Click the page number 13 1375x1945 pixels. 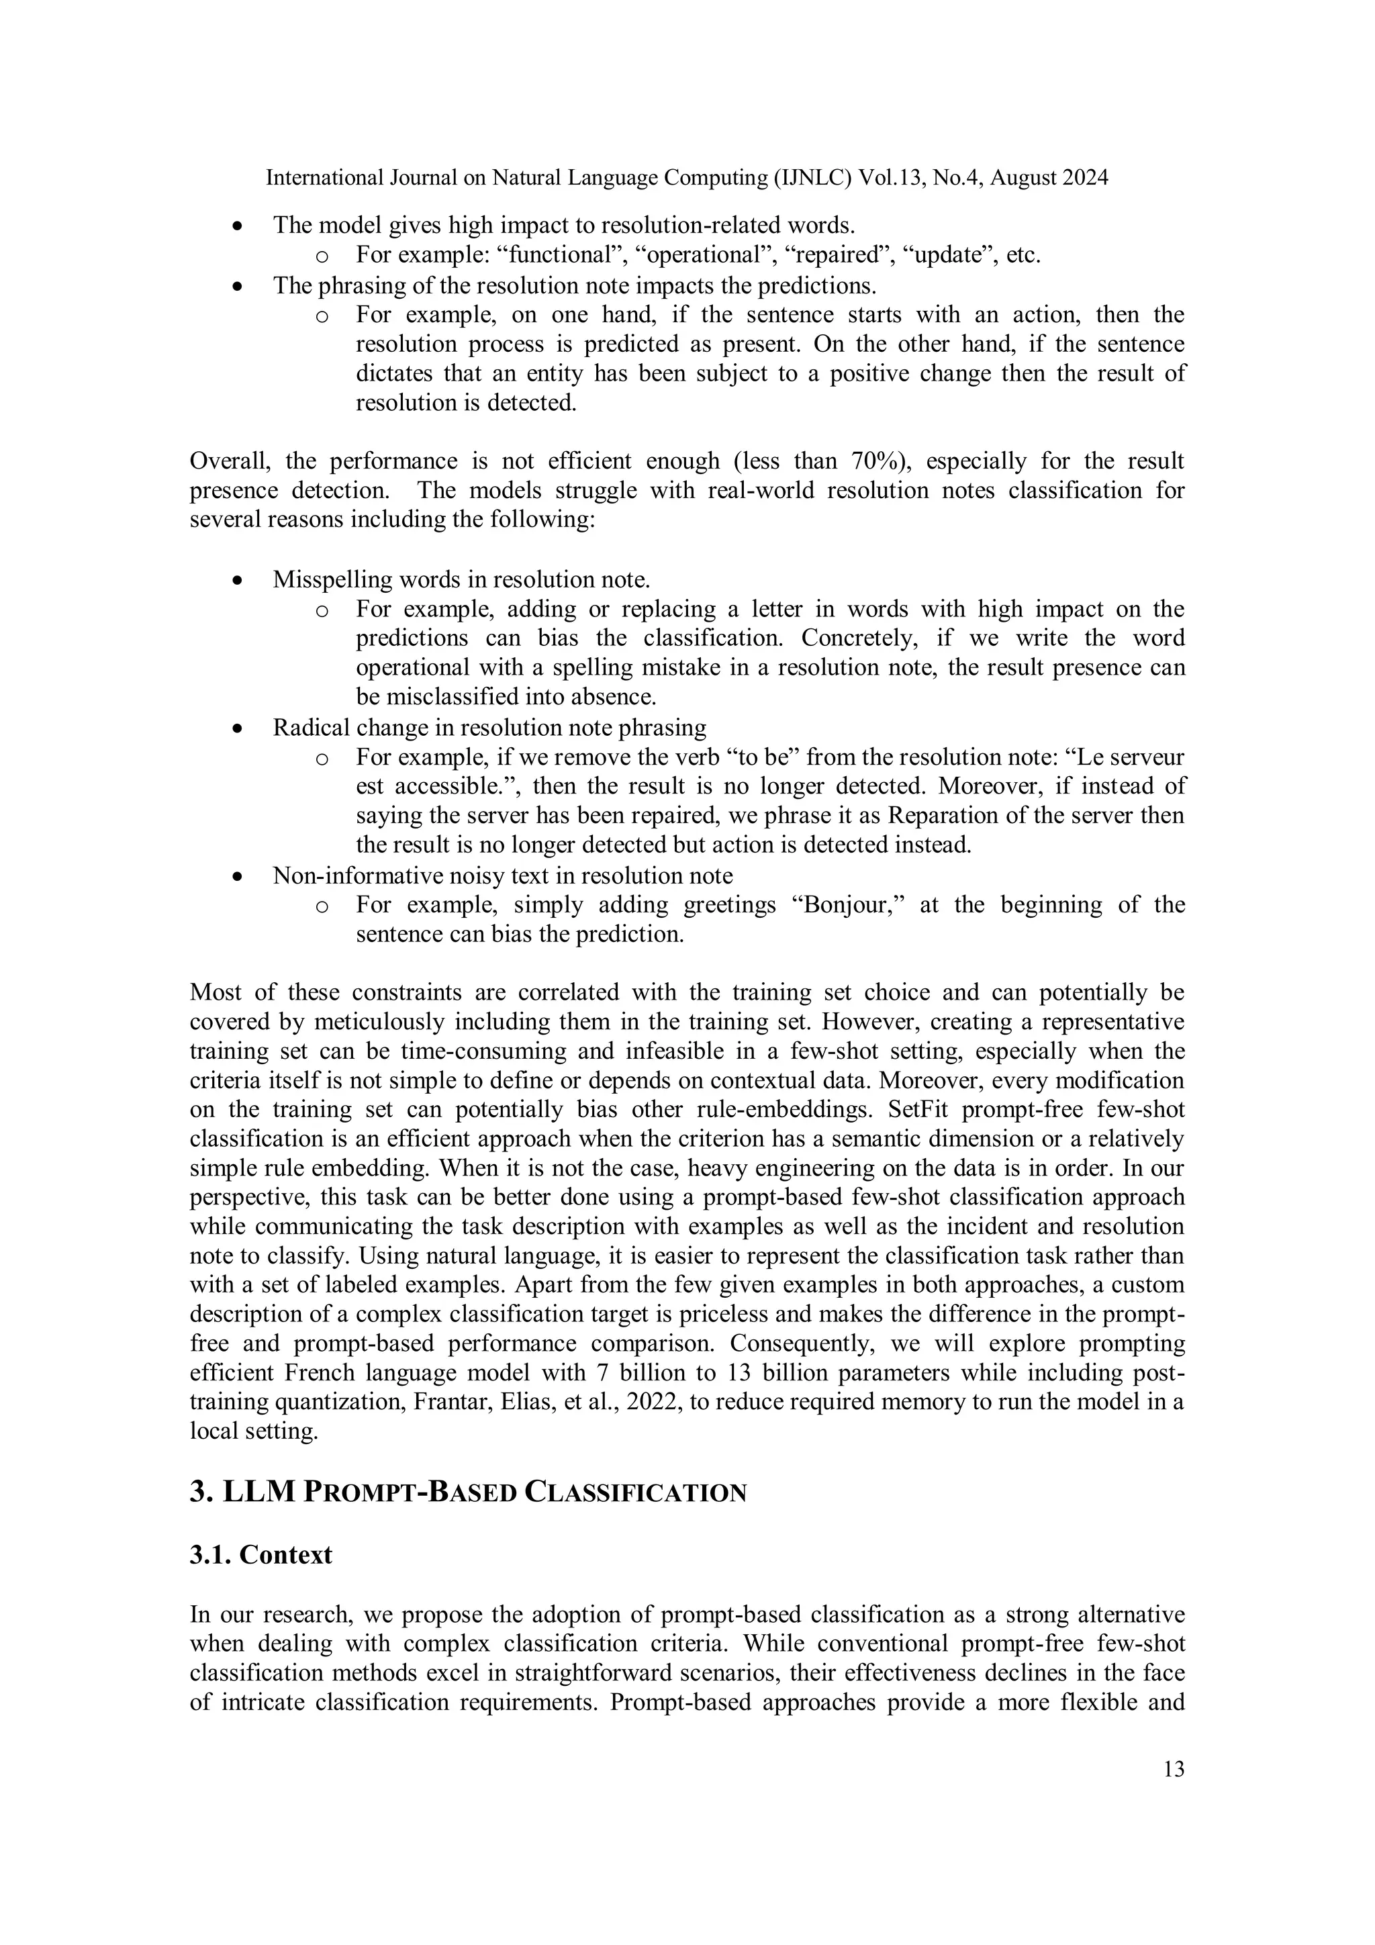(1174, 1769)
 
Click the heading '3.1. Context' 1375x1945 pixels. (261, 1554)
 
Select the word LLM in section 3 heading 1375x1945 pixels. (258, 1491)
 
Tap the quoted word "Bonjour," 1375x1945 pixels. (850, 905)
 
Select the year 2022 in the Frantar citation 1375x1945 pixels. (649, 1401)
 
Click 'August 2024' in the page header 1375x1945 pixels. (1049, 178)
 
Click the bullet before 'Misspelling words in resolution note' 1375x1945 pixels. (239, 581)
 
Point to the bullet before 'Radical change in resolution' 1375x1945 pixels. (239, 728)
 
